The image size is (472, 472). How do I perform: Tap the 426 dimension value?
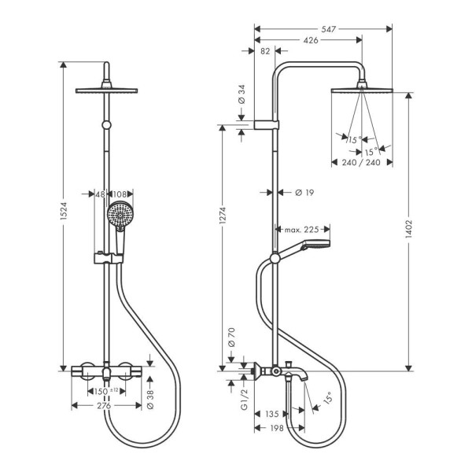pos(309,40)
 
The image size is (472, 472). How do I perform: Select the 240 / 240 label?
pos(362,163)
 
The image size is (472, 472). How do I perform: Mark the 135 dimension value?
pos(271,414)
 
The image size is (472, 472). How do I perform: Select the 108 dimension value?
pos(120,194)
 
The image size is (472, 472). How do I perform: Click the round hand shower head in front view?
pos(120,214)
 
